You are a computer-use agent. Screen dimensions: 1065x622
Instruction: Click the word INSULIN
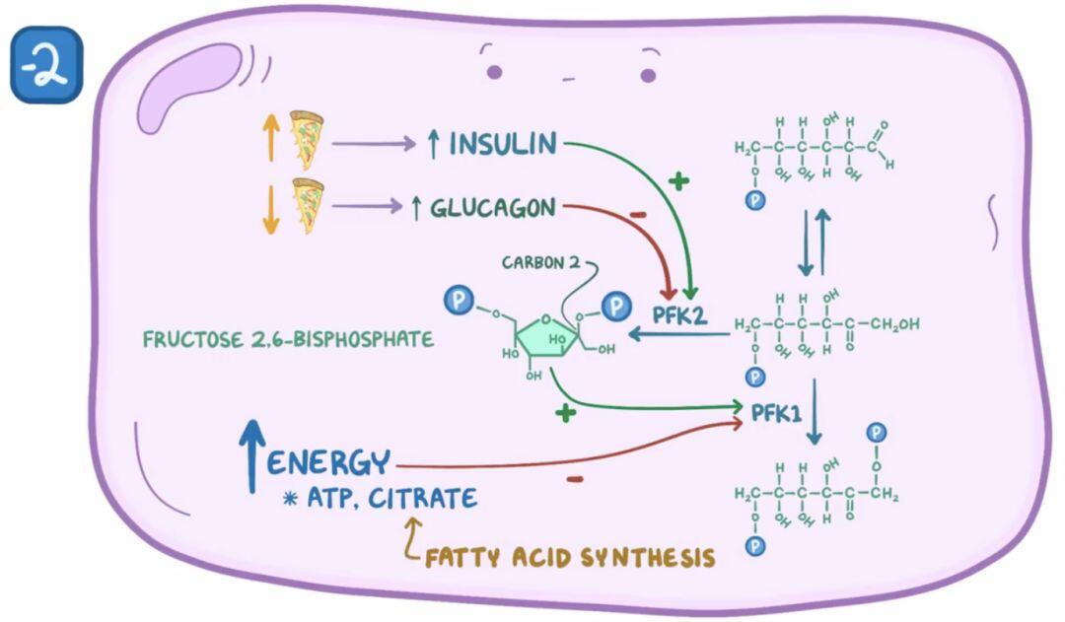tap(503, 144)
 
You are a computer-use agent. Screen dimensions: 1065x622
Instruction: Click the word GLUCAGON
tap(492, 208)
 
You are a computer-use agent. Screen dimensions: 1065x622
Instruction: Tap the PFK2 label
tap(679, 315)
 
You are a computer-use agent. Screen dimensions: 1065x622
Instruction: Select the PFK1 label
tap(776, 412)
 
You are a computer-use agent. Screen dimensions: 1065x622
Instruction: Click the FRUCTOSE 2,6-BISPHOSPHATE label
tap(288, 339)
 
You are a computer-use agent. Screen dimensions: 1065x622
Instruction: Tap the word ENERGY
tap(328, 463)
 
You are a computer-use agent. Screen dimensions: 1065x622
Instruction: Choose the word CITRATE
tap(422, 498)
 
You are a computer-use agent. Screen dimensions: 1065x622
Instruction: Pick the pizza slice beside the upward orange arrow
tap(307, 138)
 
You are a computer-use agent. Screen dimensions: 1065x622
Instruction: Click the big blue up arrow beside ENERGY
tap(252, 455)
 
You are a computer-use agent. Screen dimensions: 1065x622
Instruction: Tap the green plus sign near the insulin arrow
tap(677, 180)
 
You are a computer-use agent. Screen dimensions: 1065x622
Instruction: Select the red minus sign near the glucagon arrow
tap(638, 215)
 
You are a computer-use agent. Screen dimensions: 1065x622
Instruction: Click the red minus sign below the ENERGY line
tap(575, 479)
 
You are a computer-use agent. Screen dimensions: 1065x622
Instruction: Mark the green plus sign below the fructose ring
tap(565, 412)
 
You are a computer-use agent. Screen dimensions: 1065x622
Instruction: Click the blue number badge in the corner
tap(46, 65)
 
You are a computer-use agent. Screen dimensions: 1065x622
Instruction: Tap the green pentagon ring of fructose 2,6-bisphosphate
tap(546, 336)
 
